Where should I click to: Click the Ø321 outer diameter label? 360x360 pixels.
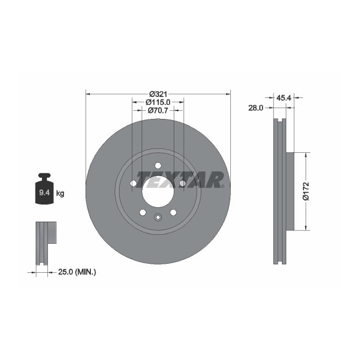point(158,93)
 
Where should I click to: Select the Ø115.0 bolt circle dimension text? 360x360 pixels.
point(158,102)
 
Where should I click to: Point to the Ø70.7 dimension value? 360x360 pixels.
point(158,110)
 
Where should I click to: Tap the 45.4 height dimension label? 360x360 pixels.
point(284,98)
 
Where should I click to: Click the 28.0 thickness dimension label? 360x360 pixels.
point(255,108)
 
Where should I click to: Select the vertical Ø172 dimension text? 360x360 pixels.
point(306,191)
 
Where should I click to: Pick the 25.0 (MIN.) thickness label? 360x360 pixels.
point(77,273)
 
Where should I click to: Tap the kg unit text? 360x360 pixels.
point(60,193)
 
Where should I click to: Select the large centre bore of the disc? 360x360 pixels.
point(158,191)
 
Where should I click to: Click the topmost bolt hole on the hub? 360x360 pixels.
point(158,165)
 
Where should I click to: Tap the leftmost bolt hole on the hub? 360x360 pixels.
point(133,183)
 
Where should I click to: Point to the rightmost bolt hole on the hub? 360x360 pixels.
point(182,183)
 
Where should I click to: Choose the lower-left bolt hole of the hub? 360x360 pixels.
point(143,212)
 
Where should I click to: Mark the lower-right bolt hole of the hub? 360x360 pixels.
point(173,212)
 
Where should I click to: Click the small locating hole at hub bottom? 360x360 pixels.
point(158,217)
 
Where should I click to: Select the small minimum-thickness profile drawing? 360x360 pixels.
point(46,242)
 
